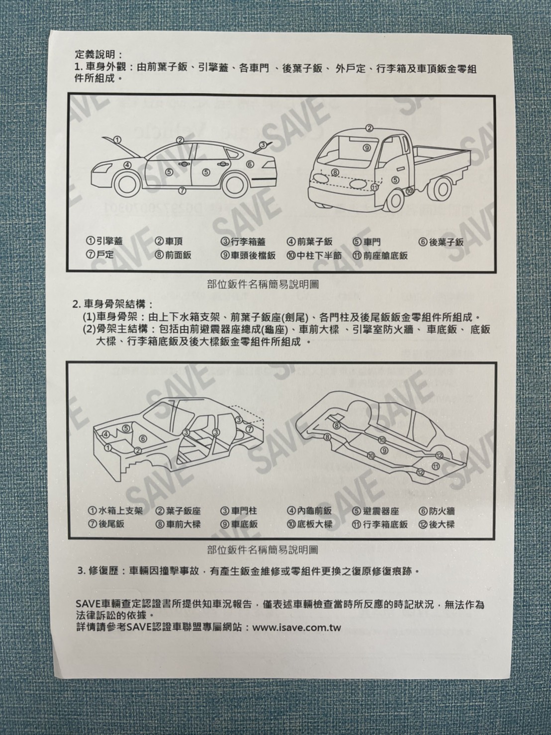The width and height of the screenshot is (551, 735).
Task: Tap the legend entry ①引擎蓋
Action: coord(104,241)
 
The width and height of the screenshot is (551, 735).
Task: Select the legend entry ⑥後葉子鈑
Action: coord(441,242)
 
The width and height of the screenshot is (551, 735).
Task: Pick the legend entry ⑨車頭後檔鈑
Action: coord(248,256)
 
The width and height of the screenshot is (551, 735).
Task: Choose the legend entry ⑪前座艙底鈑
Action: coord(380,256)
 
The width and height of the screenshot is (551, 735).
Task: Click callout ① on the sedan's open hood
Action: coord(117,139)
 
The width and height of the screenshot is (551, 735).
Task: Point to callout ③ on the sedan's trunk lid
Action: coord(263,145)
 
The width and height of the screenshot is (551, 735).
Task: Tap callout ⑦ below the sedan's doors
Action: coord(182,190)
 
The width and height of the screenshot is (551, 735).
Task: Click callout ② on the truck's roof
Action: coord(369,128)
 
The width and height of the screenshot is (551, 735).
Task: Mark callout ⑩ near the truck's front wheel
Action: coord(410,191)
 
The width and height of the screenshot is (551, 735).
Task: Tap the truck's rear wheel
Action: coord(443,188)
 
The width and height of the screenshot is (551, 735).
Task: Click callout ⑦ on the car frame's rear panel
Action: coord(249,429)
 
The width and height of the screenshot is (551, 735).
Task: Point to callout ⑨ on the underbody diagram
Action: coord(384,451)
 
